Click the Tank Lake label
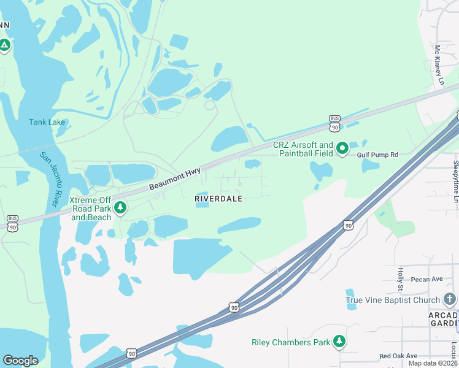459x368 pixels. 47,122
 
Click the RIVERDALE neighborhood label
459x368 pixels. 218,199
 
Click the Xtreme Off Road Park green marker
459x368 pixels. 121,208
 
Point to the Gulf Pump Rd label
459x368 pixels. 377,155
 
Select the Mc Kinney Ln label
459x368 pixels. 439,64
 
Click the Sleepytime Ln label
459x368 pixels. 455,182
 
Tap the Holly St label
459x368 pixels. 400,279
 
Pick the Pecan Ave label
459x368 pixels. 427,279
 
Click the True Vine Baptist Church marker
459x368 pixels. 450,299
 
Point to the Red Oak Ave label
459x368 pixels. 398,356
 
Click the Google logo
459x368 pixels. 20,361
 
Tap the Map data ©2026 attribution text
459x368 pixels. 433,363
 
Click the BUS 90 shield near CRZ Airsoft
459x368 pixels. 334,123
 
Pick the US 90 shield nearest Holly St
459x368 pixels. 349,226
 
